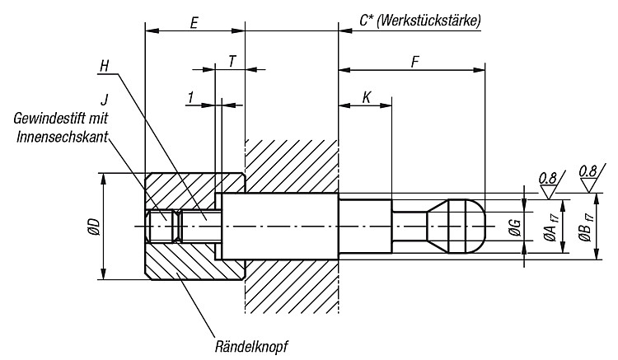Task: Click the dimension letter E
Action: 194,22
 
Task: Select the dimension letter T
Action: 232,62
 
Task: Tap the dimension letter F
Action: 414,62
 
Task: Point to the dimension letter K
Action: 367,97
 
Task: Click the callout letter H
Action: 104,66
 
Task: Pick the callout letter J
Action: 104,99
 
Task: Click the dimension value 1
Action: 191,97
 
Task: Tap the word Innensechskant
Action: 62,137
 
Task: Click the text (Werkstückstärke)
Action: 428,21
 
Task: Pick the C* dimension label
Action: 366,21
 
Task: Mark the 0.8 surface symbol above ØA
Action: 548,184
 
